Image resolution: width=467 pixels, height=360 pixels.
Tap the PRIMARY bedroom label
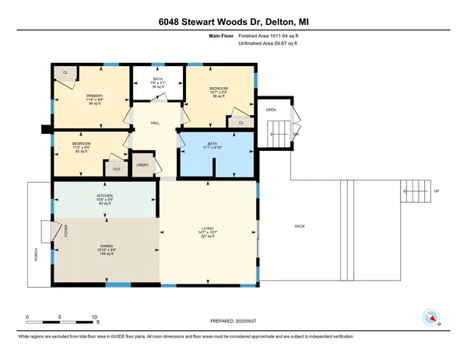[x=94, y=94]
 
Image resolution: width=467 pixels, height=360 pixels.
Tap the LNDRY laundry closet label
[x=142, y=165]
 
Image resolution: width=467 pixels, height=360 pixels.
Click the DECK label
[x=300, y=226]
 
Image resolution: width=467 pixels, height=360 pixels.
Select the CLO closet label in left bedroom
[x=116, y=168]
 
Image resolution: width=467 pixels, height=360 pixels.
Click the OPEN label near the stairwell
[x=270, y=110]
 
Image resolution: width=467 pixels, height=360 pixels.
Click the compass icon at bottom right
[x=430, y=317]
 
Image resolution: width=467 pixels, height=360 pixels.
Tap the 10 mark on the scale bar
[x=93, y=317]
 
